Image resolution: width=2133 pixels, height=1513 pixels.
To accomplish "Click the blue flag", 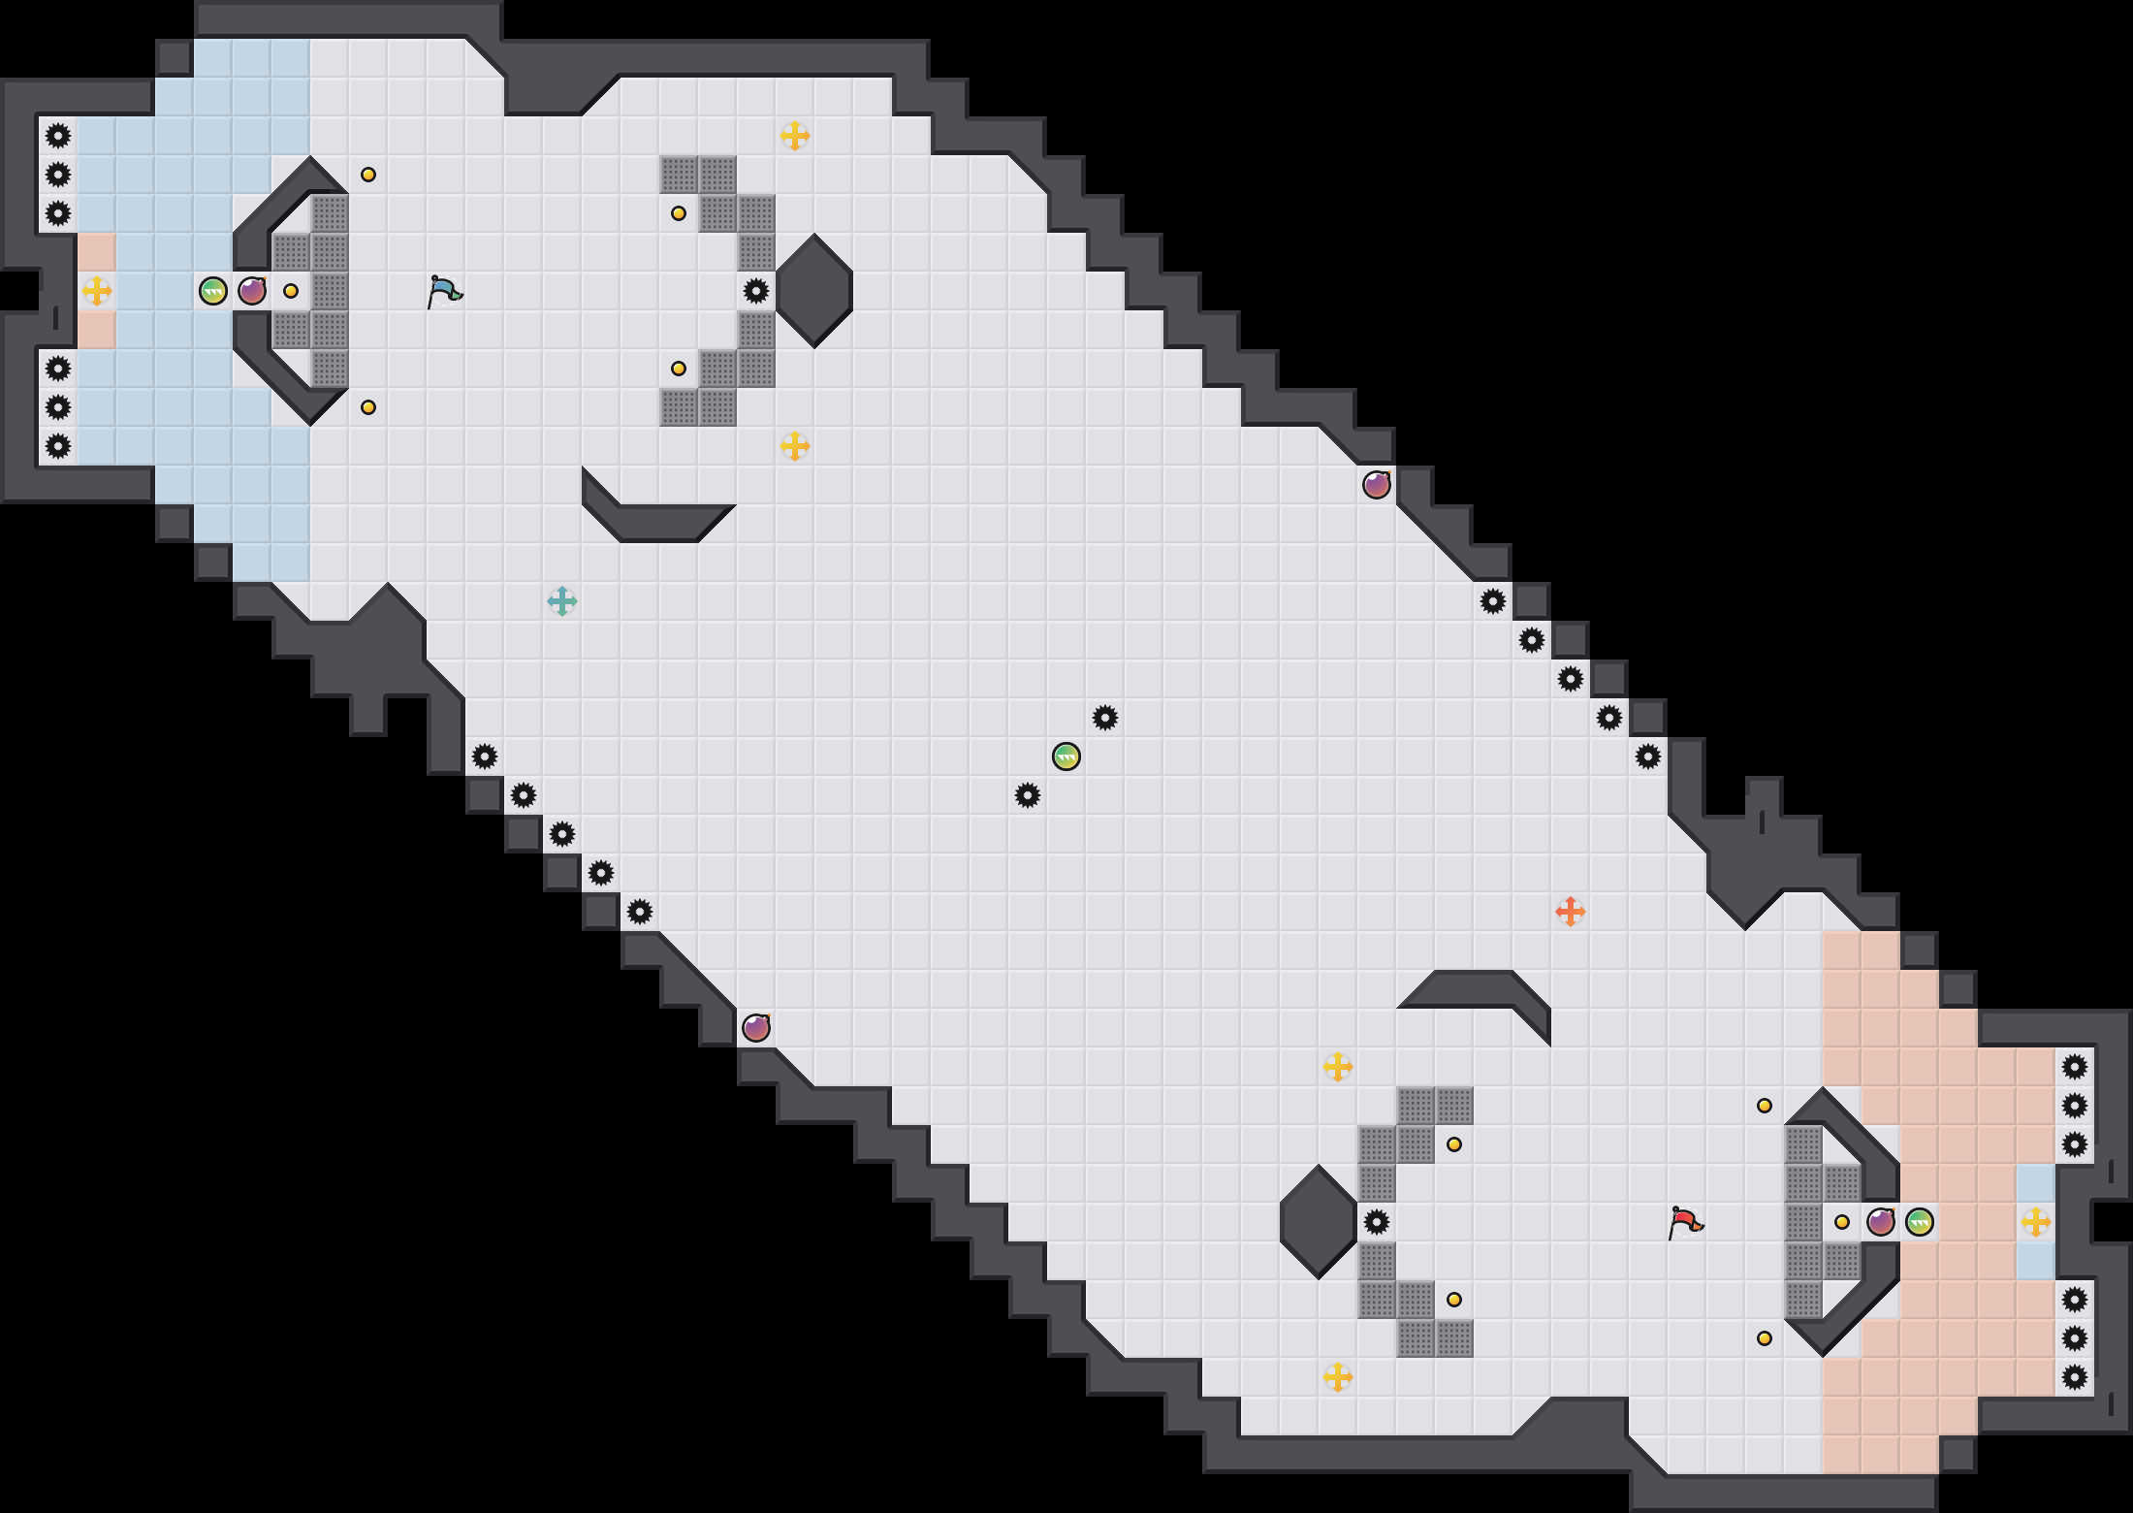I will coord(444,290).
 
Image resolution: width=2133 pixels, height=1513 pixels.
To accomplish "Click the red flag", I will coord(1685,1221).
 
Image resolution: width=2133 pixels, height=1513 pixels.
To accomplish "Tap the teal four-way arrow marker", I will coord(562,601).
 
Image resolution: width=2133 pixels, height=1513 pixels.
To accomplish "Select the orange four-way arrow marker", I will coord(1571,912).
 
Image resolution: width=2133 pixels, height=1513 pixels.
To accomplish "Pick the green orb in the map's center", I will coord(1066,756).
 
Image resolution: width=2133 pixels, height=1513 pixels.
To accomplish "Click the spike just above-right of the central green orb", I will coord(1105,718).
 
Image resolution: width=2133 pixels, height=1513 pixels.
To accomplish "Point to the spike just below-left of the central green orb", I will coord(1028,795).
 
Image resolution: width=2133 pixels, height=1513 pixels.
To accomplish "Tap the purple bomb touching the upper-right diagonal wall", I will coord(1377,485).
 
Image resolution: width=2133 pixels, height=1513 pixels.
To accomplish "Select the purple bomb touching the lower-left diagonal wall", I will coord(756,1028).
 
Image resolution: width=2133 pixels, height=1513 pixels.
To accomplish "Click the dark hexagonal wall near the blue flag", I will coord(814,290).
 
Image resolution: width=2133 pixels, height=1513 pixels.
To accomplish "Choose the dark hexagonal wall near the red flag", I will coord(1318,1221).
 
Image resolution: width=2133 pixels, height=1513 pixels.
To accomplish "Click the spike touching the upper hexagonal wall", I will coord(756,290).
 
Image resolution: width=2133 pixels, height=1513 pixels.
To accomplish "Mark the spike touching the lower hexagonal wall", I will coord(1377,1221).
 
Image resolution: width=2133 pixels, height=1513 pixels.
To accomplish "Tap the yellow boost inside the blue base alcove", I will coord(97,290).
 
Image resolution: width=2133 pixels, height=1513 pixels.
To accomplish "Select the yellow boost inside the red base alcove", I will coord(2036,1221).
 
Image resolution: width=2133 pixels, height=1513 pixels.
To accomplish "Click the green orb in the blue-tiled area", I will coord(213,290).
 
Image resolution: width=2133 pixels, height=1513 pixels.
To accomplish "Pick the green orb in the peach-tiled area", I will coord(1920,1221).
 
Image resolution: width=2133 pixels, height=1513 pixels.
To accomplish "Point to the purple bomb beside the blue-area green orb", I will coord(252,290).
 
